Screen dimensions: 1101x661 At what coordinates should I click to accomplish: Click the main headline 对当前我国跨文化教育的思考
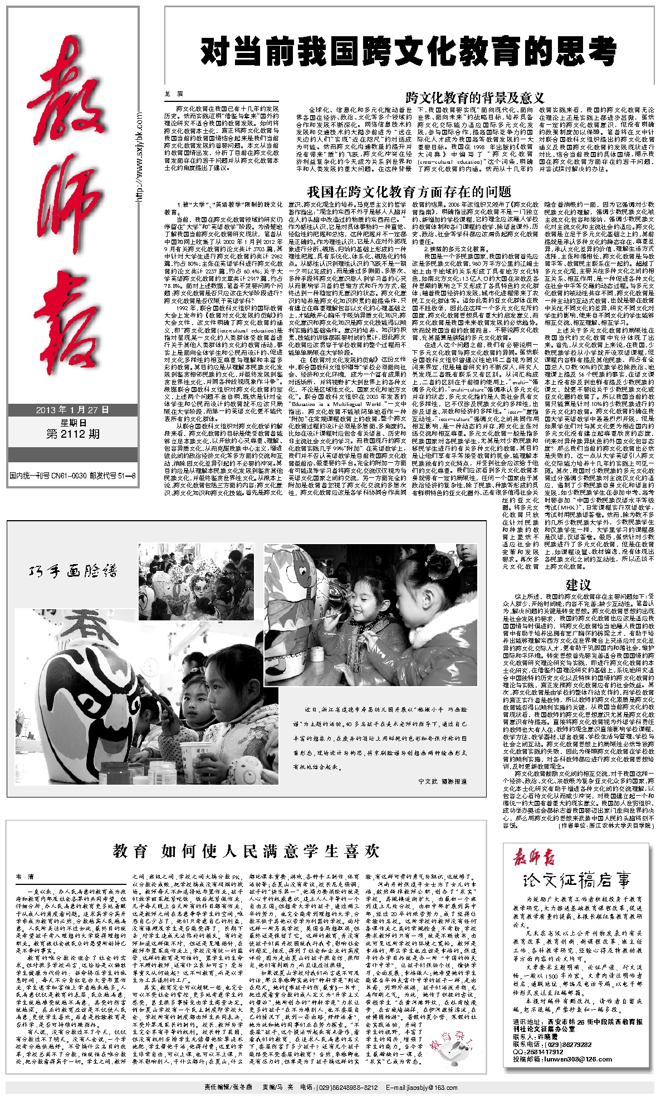click(409, 52)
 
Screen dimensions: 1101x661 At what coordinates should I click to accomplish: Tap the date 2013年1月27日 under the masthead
click(72, 410)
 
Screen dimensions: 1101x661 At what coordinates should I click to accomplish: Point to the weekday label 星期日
click(73, 422)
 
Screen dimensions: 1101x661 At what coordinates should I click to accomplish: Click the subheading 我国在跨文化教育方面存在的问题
click(409, 192)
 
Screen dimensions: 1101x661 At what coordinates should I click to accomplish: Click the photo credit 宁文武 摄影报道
click(443, 781)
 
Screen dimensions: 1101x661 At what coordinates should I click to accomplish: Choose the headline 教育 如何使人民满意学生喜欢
click(246, 851)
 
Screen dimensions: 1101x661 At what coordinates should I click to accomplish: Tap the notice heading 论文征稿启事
click(577, 881)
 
